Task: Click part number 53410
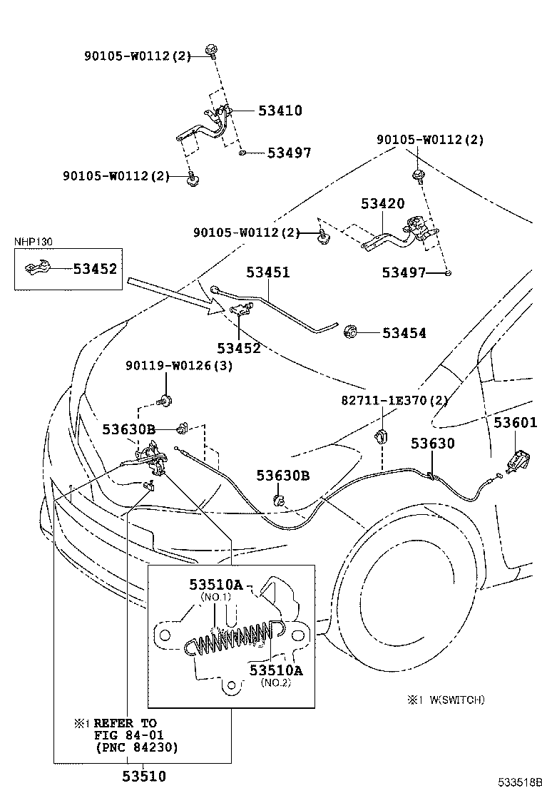[x=280, y=111]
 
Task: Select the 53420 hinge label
[x=382, y=204]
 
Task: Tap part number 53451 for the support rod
[x=268, y=272]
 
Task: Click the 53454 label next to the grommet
[x=404, y=333]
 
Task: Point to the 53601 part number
[x=515, y=423]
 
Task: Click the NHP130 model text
[x=33, y=242]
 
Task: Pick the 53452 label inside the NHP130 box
[x=95, y=269]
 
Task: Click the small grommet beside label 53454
[x=350, y=332]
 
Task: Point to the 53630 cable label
[x=432, y=444]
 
